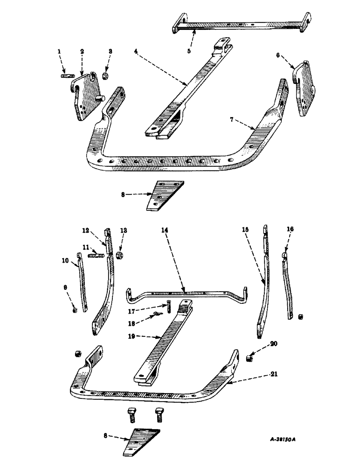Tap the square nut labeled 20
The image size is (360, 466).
(x=250, y=357)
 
